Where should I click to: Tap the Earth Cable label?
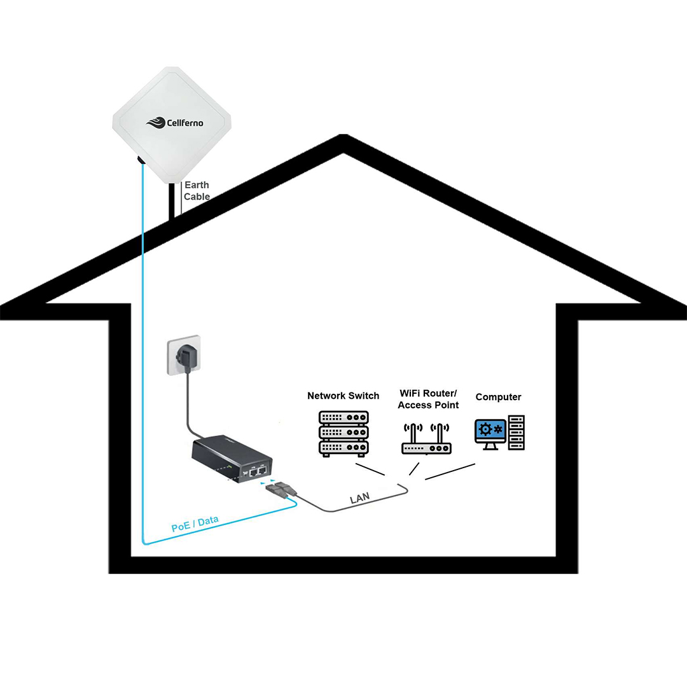point(197,191)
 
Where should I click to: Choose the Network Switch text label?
point(343,396)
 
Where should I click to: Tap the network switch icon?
point(343,433)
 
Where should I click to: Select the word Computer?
point(498,397)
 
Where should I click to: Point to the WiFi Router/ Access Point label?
point(428,399)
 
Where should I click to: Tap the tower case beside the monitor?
point(517,433)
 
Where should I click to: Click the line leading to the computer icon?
point(450,471)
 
